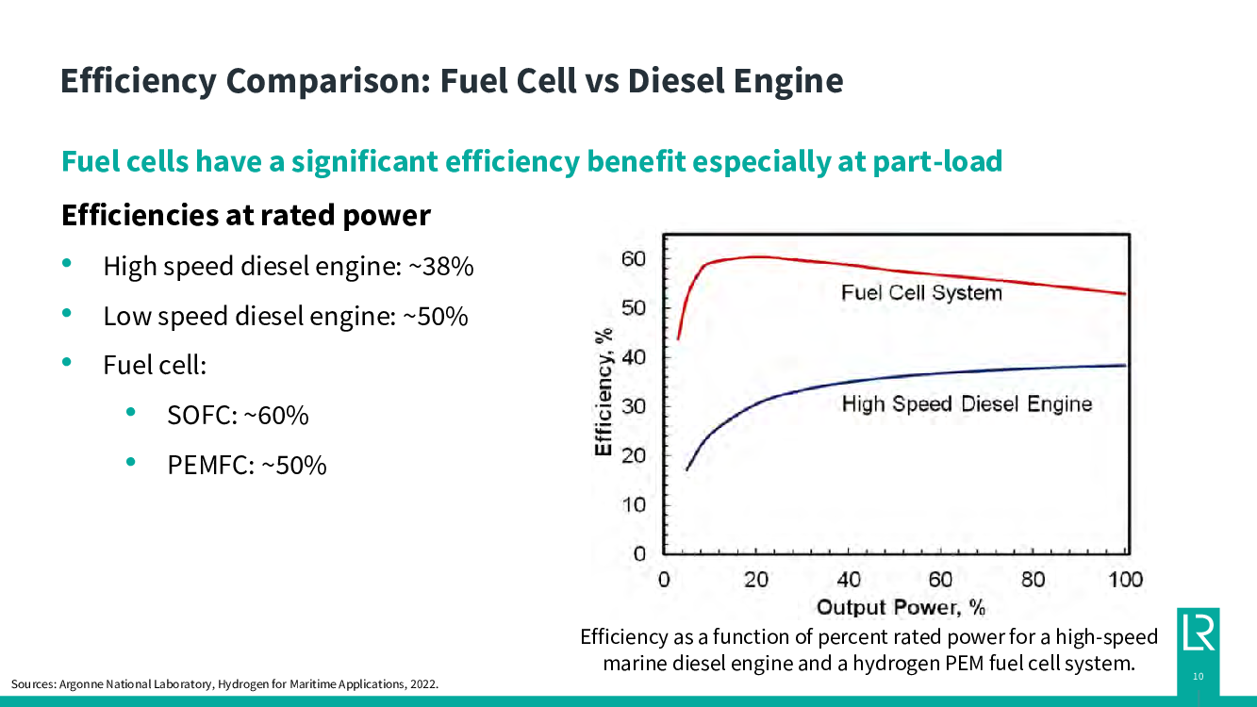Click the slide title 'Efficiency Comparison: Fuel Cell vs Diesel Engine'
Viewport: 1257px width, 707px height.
click(451, 80)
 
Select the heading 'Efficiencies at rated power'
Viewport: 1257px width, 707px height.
click(245, 216)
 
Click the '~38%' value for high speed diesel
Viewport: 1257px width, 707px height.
click(440, 267)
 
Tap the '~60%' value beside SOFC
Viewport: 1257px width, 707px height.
click(276, 415)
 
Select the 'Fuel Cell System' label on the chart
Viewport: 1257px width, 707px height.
click(921, 293)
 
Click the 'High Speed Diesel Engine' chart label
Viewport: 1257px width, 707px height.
click(967, 404)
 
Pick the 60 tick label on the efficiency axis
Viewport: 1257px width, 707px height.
click(633, 259)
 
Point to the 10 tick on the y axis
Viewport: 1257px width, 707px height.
click(633, 504)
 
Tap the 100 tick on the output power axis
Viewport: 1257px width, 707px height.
click(1125, 580)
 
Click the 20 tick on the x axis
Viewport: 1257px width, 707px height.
click(756, 580)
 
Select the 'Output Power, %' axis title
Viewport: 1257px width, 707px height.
click(900, 606)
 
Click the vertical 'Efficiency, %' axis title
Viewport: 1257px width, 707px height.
click(604, 391)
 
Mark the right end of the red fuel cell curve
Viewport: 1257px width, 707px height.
click(1125, 293)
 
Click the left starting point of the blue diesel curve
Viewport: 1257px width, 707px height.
click(686, 469)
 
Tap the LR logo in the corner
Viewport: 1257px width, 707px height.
click(1198, 632)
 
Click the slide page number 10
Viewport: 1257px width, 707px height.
click(1198, 676)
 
